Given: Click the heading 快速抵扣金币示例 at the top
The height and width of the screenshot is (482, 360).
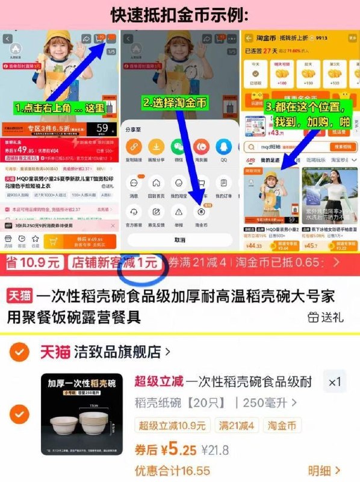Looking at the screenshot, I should click(x=181, y=13).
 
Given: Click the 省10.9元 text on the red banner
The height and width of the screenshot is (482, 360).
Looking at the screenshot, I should click(x=33, y=263).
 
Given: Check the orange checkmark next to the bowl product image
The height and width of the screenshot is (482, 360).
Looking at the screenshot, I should click(x=20, y=414).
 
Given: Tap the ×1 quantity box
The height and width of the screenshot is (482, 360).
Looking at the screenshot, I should click(x=334, y=381).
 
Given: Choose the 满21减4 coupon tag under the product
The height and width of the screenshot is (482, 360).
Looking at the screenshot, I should click(x=237, y=426).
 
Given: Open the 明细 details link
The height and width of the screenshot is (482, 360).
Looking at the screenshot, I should click(x=324, y=471).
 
